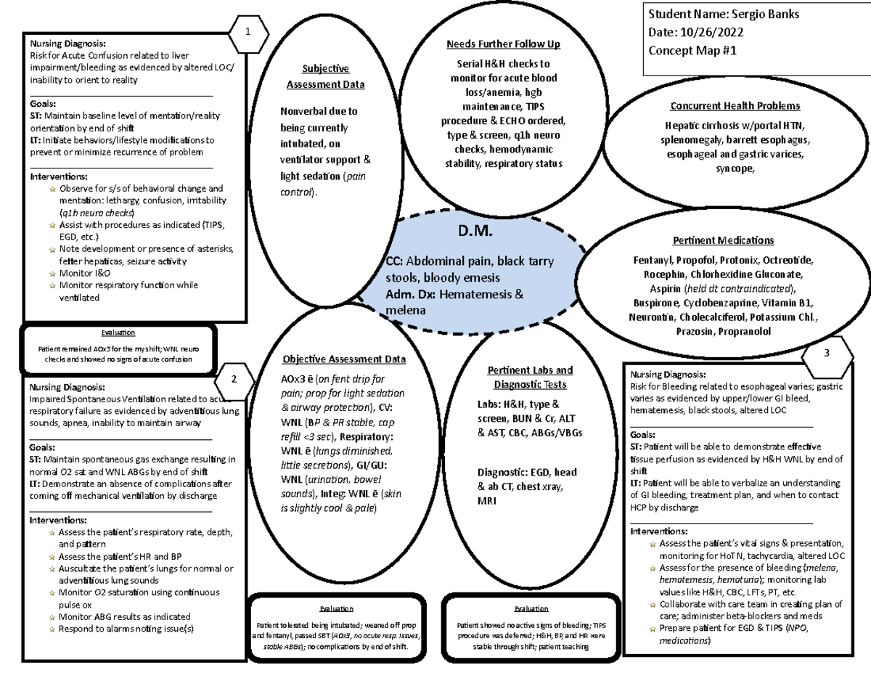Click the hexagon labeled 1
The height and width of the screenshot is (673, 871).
[248, 32]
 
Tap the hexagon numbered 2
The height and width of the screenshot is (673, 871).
[234, 378]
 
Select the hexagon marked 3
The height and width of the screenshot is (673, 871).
[827, 354]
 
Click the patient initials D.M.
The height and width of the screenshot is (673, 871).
[475, 232]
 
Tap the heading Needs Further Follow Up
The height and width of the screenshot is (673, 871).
[504, 45]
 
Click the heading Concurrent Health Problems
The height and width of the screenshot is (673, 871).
[735, 105]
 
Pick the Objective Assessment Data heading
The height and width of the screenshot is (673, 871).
[344, 359]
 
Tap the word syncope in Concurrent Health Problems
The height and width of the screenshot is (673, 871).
[734, 168]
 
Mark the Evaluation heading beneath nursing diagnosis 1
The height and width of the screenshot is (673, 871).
[118, 333]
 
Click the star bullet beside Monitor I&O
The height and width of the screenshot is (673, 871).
[52, 273]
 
